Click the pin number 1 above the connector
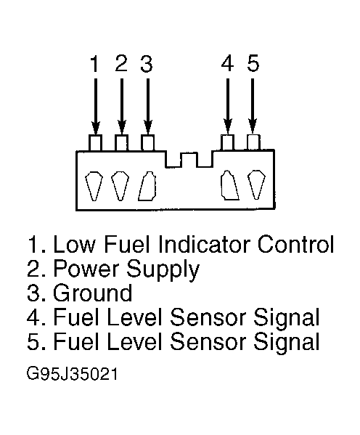point(95,63)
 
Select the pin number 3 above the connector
point(147,63)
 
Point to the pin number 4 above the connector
point(227,63)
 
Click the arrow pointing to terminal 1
point(95,106)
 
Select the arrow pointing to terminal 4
point(228,106)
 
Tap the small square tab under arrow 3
point(147,142)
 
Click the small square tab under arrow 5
point(253,142)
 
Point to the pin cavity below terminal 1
point(94,185)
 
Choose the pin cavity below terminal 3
point(147,186)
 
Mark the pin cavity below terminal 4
point(229,185)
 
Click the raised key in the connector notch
point(189,160)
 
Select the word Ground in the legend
point(93,293)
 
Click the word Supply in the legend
point(163,269)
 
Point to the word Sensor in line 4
point(208,317)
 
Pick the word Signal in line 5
point(287,343)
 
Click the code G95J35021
point(72,374)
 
